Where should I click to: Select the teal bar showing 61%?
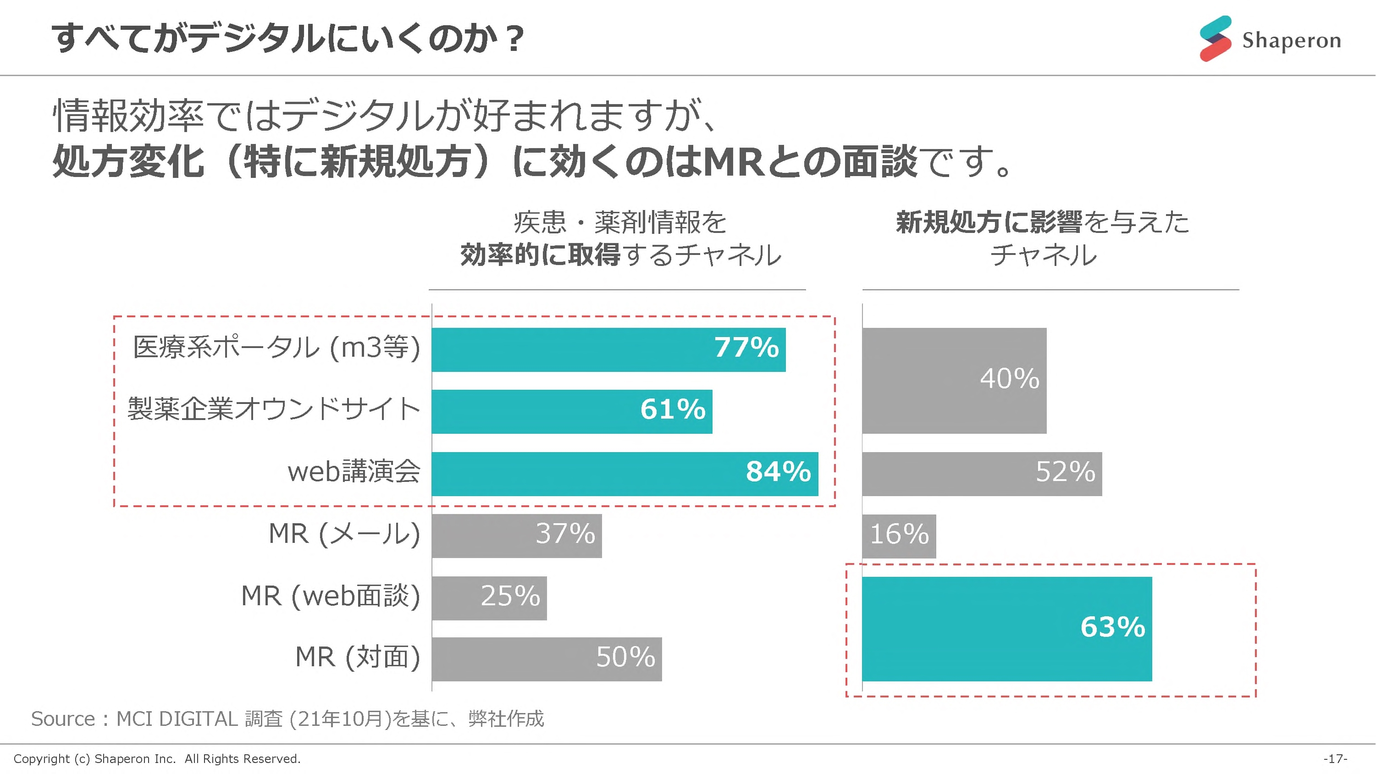(x=572, y=411)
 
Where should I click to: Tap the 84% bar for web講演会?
(x=624, y=474)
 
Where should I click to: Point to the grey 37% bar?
(x=517, y=536)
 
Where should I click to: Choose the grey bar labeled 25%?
(x=489, y=598)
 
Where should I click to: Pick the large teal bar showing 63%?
(x=1006, y=629)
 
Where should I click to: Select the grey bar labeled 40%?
(x=954, y=380)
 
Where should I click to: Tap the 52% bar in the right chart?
(x=982, y=474)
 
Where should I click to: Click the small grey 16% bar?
(x=899, y=536)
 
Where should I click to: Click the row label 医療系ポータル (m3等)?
(x=276, y=348)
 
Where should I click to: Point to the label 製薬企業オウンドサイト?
(x=273, y=410)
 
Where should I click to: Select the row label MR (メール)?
(x=344, y=534)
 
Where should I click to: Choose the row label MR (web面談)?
(x=331, y=596)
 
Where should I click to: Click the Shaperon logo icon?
(x=1215, y=39)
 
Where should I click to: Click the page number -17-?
(x=1335, y=758)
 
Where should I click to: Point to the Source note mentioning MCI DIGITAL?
(x=287, y=719)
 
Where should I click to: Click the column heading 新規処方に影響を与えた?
(x=1042, y=222)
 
